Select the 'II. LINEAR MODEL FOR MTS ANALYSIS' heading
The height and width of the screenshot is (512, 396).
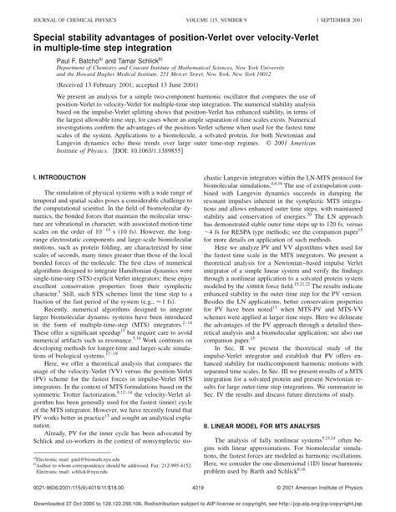(261, 402)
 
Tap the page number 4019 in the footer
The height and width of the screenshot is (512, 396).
(198, 487)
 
